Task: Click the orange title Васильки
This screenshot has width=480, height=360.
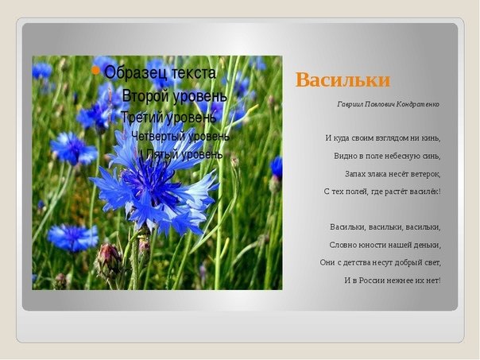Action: (x=343, y=80)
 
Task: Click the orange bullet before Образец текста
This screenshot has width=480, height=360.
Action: (x=95, y=71)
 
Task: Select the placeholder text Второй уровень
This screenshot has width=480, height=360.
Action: (x=175, y=96)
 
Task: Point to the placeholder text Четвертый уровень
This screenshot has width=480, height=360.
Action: (x=180, y=136)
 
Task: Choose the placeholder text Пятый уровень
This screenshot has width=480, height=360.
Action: (x=184, y=154)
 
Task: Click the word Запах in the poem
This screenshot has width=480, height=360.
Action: (x=354, y=174)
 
